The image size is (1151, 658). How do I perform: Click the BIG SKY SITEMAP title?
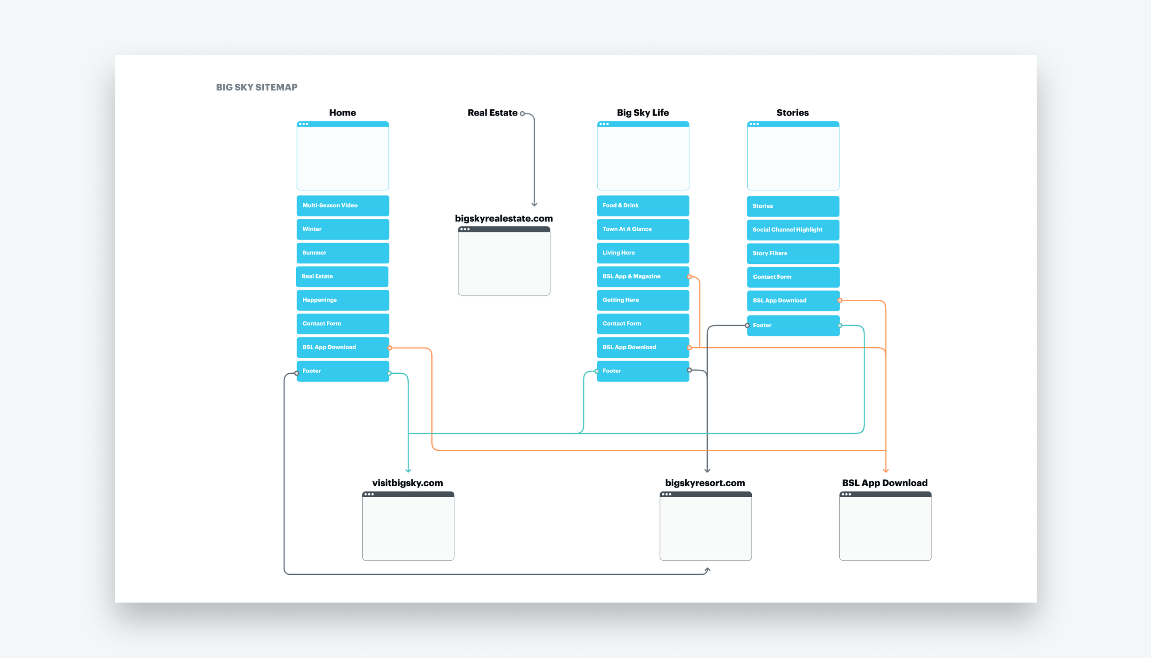[x=257, y=87]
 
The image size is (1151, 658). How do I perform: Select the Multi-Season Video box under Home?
[x=342, y=205]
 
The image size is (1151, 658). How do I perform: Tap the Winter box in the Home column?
[x=342, y=229]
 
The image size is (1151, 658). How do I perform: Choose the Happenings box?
[x=342, y=300]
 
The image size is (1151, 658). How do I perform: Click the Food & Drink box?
[x=642, y=205]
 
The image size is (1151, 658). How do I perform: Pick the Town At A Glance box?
[x=642, y=229]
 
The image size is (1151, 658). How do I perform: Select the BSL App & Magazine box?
[x=642, y=277]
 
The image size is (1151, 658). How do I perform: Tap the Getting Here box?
[x=642, y=300]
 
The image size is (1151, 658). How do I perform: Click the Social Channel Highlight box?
[x=793, y=229]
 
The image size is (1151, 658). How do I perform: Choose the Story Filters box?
[x=793, y=254]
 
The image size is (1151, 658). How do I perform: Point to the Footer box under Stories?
[x=793, y=325]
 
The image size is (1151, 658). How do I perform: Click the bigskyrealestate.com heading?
[x=504, y=218]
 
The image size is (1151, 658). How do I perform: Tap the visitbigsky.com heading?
[x=407, y=483]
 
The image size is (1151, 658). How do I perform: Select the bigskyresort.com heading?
[x=705, y=483]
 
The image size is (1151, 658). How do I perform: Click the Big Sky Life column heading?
[x=642, y=112]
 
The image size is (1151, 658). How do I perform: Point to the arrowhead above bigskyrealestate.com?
[x=534, y=204]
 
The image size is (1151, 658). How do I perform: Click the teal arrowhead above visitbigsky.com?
[x=408, y=470]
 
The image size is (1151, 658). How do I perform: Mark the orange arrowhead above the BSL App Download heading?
[x=885, y=470]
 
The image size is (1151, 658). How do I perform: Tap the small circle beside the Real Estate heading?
[x=522, y=114]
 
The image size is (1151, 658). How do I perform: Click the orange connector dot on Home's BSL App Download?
[x=390, y=348]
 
